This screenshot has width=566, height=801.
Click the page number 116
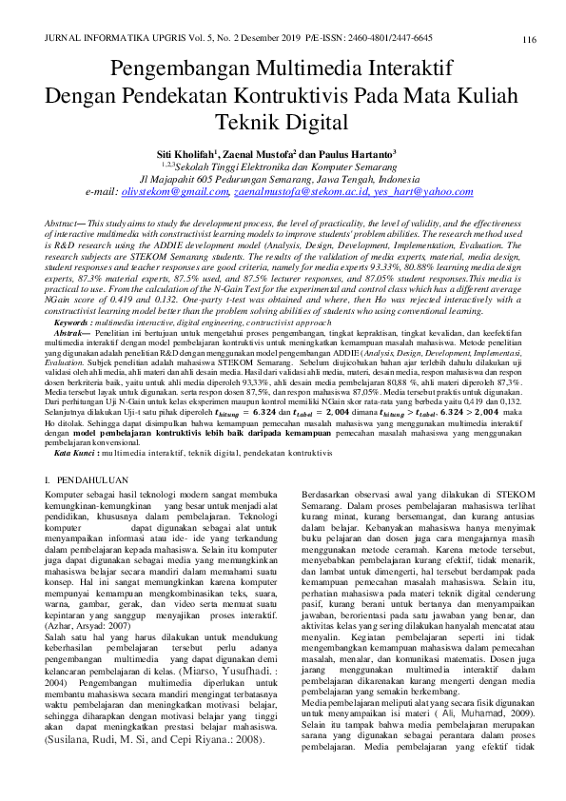[x=529, y=39]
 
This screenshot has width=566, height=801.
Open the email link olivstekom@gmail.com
[x=175, y=192]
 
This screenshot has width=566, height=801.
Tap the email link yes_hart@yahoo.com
[x=421, y=192]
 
